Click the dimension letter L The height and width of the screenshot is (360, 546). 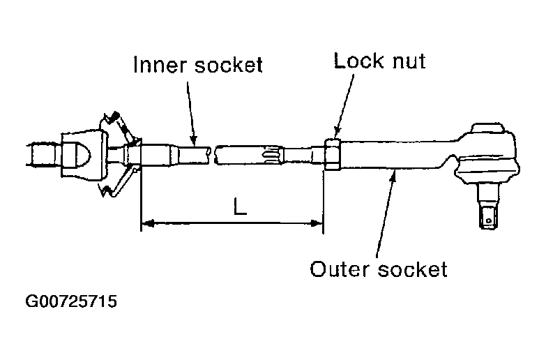(x=239, y=207)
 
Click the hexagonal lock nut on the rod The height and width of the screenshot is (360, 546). (x=332, y=153)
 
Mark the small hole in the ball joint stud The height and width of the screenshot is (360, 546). (x=490, y=221)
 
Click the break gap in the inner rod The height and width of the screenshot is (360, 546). (x=212, y=153)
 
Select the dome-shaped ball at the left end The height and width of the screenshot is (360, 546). (x=78, y=153)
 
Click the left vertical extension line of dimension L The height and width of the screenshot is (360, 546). (x=142, y=199)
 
